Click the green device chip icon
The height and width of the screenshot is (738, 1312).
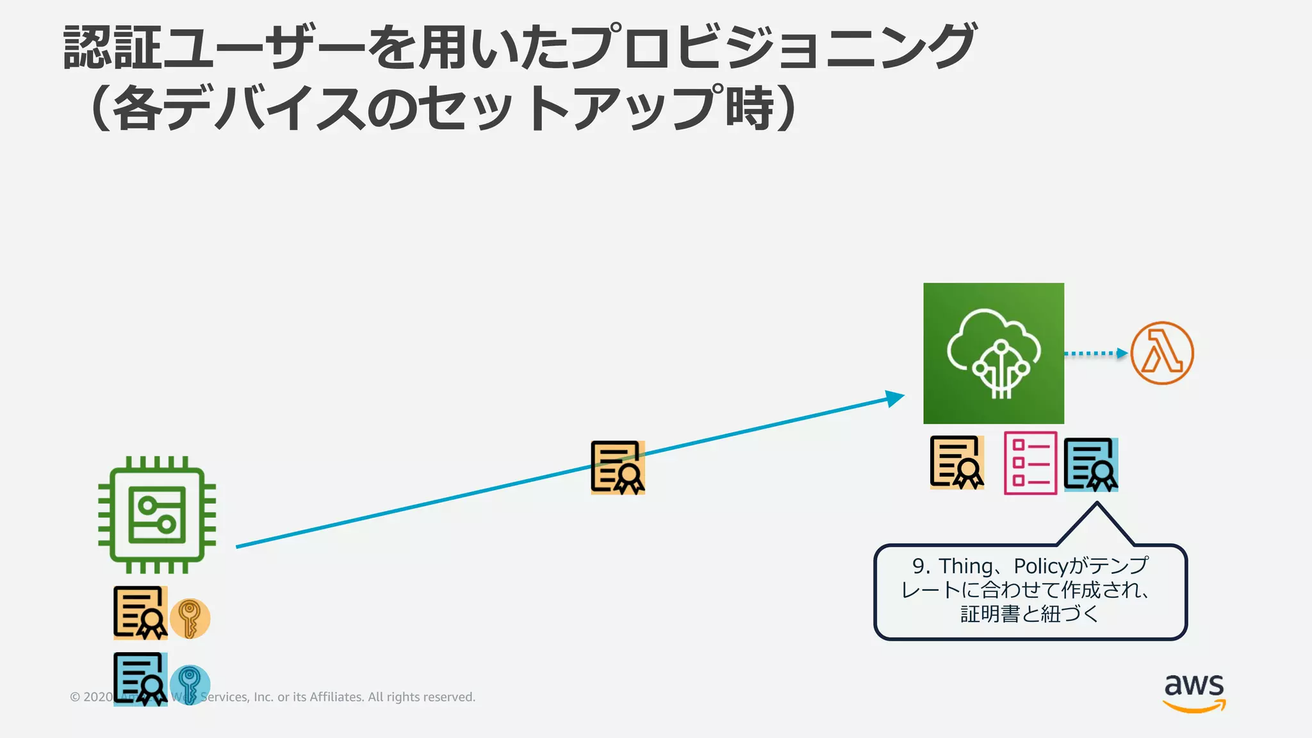pyautogui.click(x=157, y=514)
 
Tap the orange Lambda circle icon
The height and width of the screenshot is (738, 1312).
pyautogui.click(x=1161, y=353)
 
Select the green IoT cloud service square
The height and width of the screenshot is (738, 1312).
pyautogui.click(x=994, y=353)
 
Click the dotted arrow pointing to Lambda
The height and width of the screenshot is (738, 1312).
pyautogui.click(x=1095, y=353)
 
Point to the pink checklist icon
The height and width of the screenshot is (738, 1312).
pyautogui.click(x=1030, y=463)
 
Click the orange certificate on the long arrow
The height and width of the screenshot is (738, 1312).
pyautogui.click(x=618, y=468)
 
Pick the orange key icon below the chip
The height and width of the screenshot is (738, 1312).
pyautogui.click(x=190, y=619)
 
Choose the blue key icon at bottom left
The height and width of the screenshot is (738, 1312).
pyautogui.click(x=190, y=684)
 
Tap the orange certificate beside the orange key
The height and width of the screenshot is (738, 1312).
pyautogui.click(x=140, y=613)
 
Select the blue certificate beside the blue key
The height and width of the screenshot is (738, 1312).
pyautogui.click(x=140, y=679)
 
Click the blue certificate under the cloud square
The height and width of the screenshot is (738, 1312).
pyautogui.click(x=1091, y=464)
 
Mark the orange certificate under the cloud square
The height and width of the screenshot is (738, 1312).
pyautogui.click(x=957, y=463)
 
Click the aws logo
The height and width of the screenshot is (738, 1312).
pyautogui.click(x=1194, y=692)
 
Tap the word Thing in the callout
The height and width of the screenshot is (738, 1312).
pyautogui.click(x=965, y=566)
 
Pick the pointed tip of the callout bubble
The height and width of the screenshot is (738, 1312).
pyautogui.click(x=1097, y=504)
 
